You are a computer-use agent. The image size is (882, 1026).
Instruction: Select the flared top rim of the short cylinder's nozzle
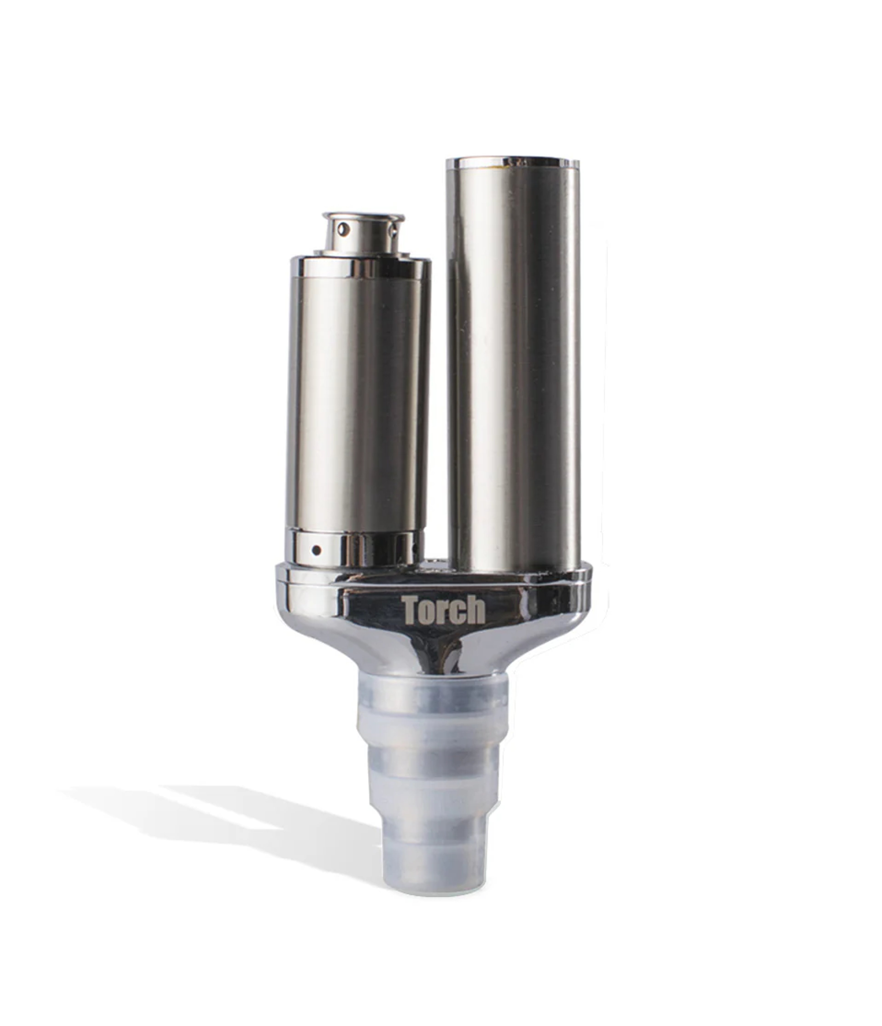(x=363, y=217)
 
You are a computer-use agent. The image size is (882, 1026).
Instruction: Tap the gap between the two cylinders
(x=438, y=396)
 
